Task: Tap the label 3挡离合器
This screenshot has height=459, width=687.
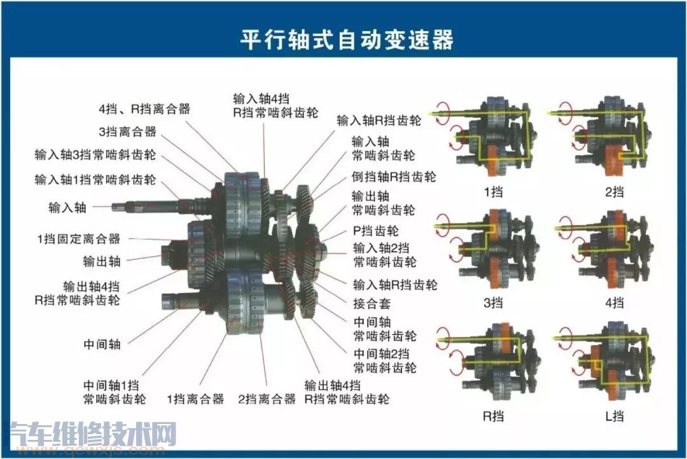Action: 127,132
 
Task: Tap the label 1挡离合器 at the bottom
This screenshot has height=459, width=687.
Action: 195,399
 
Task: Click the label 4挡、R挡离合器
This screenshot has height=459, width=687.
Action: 144,109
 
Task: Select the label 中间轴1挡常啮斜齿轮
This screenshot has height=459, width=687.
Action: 114,392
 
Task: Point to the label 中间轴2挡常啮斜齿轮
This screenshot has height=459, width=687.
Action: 385,360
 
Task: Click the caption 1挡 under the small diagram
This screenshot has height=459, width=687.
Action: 492,191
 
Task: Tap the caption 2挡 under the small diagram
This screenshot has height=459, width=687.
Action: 614,191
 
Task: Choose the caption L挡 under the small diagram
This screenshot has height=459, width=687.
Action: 614,416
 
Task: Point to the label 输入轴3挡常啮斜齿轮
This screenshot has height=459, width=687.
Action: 95,155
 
